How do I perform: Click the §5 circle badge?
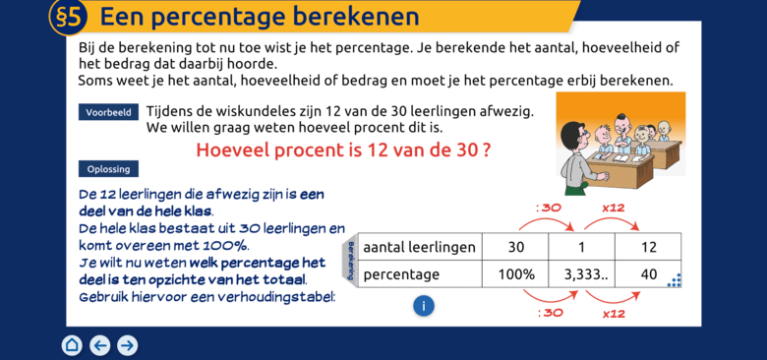(x=69, y=16)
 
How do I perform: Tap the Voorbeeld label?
(x=108, y=112)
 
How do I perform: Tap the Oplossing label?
(x=108, y=169)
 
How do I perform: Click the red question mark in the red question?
(x=486, y=150)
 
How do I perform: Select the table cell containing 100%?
(x=515, y=274)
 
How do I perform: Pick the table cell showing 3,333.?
(x=582, y=274)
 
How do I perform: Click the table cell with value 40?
(x=649, y=274)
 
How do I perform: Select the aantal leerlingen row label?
(x=420, y=247)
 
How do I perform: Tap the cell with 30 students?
(x=515, y=247)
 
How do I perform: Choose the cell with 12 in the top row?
(x=649, y=247)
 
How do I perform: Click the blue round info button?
(x=424, y=306)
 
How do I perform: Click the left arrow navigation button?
(x=99, y=345)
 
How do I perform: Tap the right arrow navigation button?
(x=127, y=345)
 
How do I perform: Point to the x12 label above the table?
(x=614, y=208)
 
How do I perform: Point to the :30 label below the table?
(x=551, y=313)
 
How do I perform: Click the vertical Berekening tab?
(x=350, y=261)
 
